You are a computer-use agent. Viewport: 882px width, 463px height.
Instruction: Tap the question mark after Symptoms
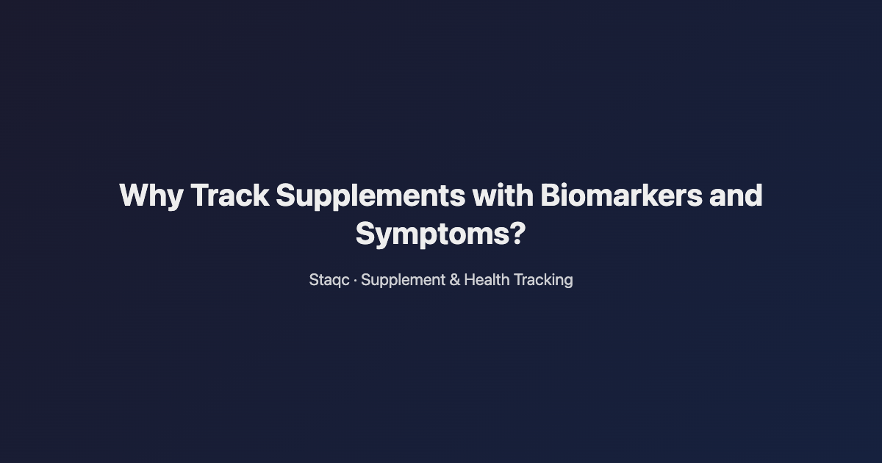pos(517,234)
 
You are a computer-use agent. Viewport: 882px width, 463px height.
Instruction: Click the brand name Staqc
pos(329,280)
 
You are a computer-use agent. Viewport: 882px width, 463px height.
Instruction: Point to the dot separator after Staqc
pos(356,280)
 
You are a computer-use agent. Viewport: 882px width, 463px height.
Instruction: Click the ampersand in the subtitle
pos(454,280)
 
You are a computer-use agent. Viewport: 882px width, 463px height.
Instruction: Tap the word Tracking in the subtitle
pos(543,280)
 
